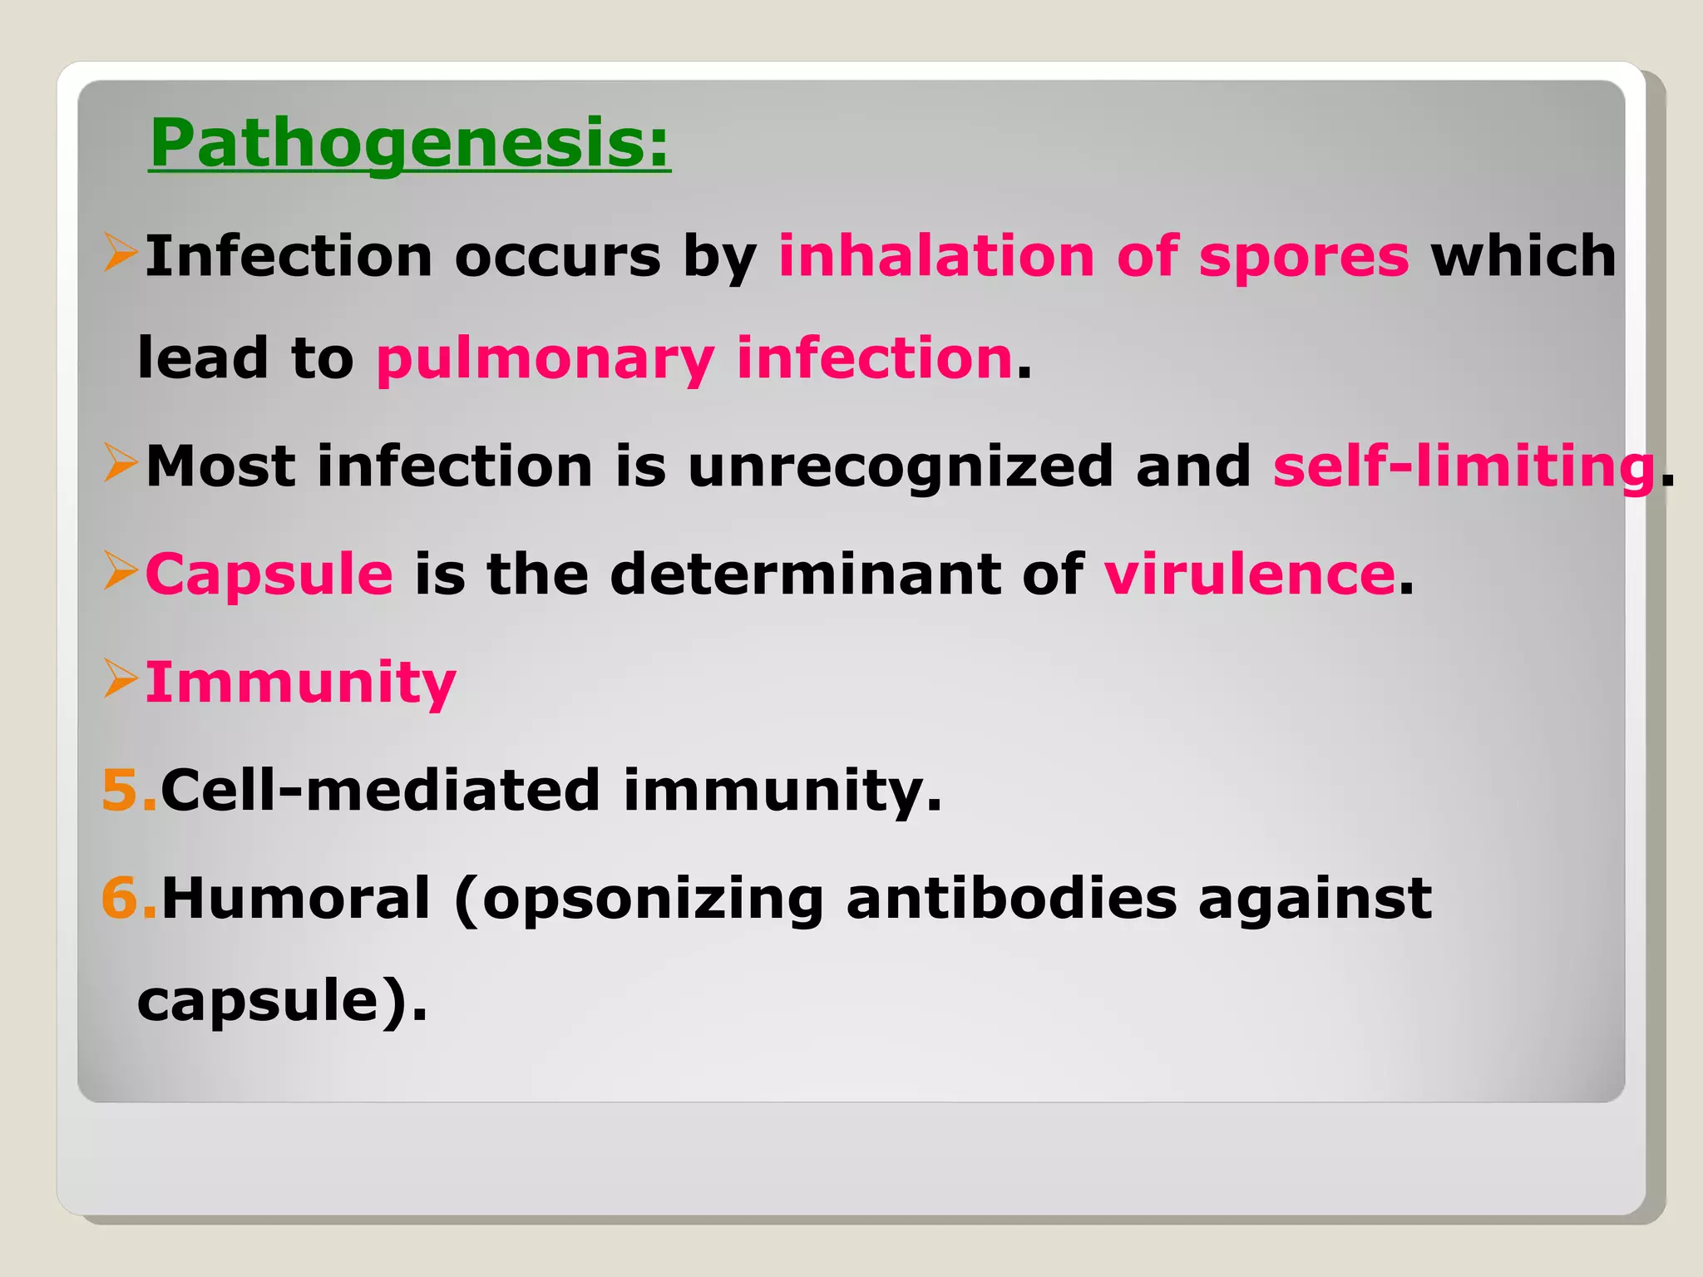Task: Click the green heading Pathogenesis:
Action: [409, 143]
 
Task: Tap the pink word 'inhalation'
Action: [935, 256]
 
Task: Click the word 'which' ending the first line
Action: [1523, 256]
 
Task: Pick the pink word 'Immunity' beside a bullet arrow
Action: [300, 683]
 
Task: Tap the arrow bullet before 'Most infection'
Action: [121, 463]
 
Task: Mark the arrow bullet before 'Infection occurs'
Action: [121, 253]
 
